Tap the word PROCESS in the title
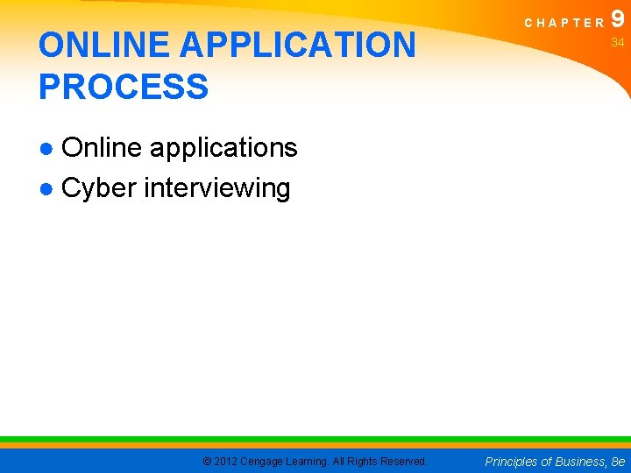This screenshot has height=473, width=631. (x=124, y=87)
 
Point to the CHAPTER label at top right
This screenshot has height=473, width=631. (x=565, y=24)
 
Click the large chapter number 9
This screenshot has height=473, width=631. (x=619, y=19)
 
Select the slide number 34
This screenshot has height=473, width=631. (x=618, y=43)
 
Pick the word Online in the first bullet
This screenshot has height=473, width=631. (x=103, y=148)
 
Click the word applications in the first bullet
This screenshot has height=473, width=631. (x=223, y=148)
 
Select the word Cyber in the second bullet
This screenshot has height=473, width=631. (x=99, y=187)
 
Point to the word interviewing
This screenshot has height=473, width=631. (x=216, y=187)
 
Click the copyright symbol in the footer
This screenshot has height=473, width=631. (x=207, y=461)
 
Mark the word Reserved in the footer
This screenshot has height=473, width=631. (x=403, y=461)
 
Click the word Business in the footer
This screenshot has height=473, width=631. (x=579, y=461)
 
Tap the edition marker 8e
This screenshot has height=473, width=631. (x=619, y=461)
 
